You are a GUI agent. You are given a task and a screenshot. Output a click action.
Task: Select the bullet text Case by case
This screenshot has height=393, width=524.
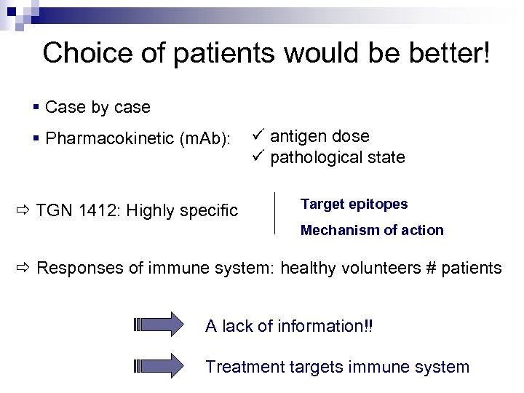click(98, 108)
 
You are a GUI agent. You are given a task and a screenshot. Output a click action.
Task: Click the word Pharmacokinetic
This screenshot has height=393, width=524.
click(110, 138)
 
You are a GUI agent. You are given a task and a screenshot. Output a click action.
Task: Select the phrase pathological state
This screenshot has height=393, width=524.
click(338, 157)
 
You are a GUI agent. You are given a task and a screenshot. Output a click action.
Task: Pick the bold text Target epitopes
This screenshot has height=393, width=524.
click(354, 205)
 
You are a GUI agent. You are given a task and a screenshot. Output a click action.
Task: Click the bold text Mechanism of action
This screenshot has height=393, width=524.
click(372, 231)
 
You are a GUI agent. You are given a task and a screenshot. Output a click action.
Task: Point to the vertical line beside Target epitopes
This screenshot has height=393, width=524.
click(274, 213)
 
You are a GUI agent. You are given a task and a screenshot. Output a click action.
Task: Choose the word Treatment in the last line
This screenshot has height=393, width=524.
click(240, 367)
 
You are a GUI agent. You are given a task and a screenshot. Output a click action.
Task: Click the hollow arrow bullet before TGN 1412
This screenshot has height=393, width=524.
click(22, 211)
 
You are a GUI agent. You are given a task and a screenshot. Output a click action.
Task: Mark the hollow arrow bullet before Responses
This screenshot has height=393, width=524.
click(22, 268)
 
